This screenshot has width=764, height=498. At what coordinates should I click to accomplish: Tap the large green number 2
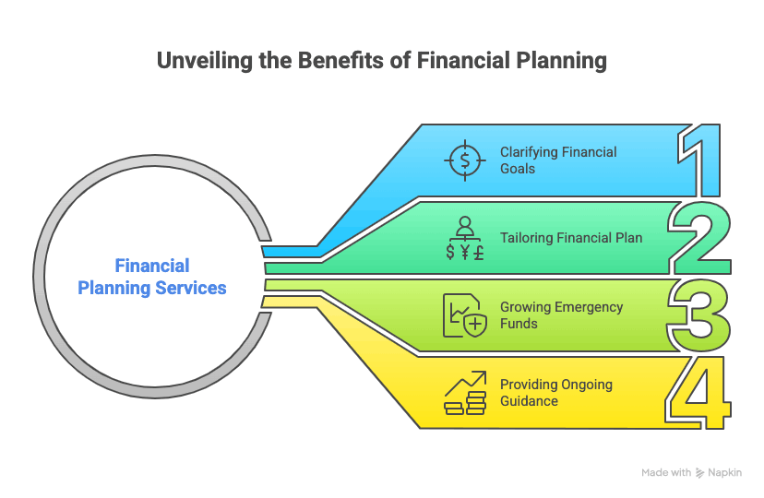click(700, 238)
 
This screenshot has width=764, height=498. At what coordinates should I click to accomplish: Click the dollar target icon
click(465, 160)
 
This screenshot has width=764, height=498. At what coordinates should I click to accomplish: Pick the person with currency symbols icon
click(465, 238)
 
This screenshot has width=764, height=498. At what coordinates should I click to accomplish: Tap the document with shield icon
click(465, 315)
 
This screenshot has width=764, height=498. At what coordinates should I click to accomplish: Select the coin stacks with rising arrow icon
click(465, 393)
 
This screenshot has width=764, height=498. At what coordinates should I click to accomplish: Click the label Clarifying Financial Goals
click(558, 160)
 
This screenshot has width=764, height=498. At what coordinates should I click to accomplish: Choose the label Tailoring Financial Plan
click(571, 238)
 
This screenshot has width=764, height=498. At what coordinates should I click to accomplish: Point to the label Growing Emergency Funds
click(561, 315)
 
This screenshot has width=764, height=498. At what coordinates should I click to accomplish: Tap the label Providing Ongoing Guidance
click(556, 392)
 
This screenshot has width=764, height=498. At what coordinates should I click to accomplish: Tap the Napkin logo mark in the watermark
click(699, 473)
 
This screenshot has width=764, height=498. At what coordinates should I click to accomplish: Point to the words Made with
click(666, 473)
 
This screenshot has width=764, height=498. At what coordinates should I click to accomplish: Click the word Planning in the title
click(561, 61)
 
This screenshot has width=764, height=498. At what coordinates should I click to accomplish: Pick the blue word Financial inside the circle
click(152, 266)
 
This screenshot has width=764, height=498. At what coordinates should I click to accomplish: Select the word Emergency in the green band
click(589, 308)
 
